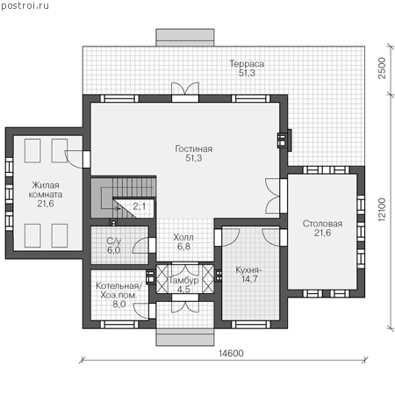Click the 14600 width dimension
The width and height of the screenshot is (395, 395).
[x=231, y=354]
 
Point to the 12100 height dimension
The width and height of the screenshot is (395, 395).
[x=382, y=210]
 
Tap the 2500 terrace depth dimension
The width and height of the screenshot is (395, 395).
[x=382, y=68]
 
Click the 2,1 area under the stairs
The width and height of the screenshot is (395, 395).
[x=140, y=206]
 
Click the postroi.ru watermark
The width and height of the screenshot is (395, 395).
[x=25, y=6]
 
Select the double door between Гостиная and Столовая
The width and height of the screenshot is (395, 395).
[x=272, y=196]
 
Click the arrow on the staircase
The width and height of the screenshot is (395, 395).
[x=109, y=198]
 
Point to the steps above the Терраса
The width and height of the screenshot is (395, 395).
[x=185, y=38]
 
